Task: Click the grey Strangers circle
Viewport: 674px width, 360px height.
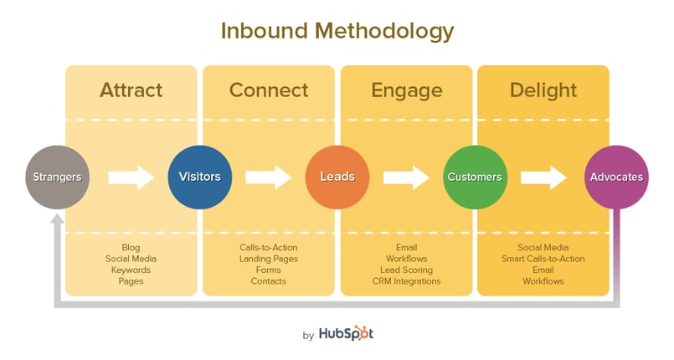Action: (x=58, y=177)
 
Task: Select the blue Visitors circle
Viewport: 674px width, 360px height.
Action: (x=200, y=177)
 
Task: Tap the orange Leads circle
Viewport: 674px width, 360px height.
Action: (x=337, y=177)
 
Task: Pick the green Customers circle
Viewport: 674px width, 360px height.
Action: (x=475, y=177)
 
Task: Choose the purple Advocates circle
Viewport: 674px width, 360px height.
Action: (x=616, y=177)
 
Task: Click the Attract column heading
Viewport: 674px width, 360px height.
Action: (x=131, y=90)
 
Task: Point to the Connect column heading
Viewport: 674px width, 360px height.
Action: (x=269, y=90)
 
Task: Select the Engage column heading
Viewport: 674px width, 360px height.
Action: (x=407, y=91)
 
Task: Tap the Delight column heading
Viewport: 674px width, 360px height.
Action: (x=543, y=91)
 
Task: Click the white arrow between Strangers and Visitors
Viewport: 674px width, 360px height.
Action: (x=131, y=177)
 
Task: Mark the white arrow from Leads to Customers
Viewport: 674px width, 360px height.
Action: (x=406, y=177)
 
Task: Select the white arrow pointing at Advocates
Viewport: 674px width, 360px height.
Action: (x=543, y=177)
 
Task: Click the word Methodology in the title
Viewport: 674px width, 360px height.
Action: (x=384, y=32)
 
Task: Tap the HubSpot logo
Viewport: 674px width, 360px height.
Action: (x=346, y=333)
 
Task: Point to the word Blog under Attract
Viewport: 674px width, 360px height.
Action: (x=131, y=248)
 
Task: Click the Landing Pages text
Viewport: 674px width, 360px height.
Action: (x=269, y=259)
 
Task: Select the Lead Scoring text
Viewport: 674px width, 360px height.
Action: (x=407, y=270)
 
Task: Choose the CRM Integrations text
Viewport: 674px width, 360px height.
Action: (x=407, y=281)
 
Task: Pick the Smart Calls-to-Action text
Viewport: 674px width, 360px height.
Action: (x=543, y=259)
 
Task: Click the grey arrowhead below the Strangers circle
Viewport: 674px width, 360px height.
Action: (x=57, y=219)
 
